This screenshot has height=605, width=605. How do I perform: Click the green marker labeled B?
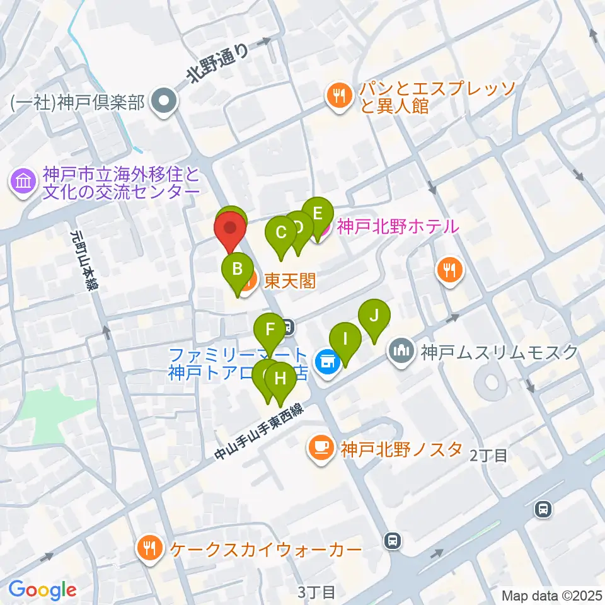pyautogui.click(x=237, y=269)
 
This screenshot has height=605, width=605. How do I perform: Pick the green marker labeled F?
pyautogui.click(x=270, y=329)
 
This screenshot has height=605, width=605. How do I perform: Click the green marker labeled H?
pyautogui.click(x=280, y=379)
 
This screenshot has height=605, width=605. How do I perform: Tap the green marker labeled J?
pyautogui.click(x=374, y=314)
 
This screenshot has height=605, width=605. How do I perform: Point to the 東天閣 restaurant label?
pyautogui.click(x=289, y=280)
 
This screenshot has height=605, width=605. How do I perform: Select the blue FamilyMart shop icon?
pyautogui.click(x=327, y=362)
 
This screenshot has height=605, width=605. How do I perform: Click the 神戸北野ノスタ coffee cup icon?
pyautogui.click(x=321, y=448)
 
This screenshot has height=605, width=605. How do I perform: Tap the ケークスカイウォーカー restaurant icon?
pyautogui.click(x=149, y=548)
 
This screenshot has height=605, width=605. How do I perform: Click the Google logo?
pyautogui.click(x=42, y=590)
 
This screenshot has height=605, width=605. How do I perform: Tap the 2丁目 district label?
pyautogui.click(x=488, y=456)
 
